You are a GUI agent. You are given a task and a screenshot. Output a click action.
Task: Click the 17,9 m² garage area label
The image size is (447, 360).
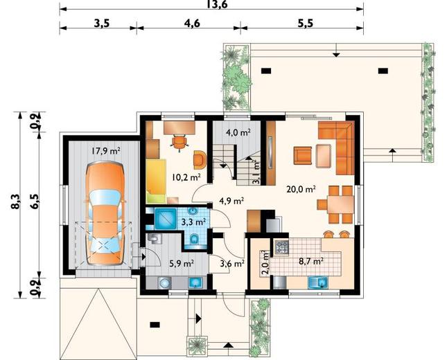coord(105,151)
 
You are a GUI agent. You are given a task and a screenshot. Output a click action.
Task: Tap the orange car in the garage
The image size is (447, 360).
coord(105,214)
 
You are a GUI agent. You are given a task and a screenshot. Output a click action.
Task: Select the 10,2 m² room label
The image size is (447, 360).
coord(186,177)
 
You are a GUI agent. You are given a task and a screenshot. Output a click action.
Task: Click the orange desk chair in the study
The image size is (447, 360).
coord(179,143)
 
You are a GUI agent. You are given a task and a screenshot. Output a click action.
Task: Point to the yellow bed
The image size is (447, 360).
coord(156,181)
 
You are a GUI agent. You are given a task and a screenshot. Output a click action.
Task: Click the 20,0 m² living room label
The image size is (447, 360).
coord(301,189)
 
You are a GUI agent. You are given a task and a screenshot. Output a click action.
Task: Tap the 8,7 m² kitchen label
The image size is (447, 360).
coord(311,261)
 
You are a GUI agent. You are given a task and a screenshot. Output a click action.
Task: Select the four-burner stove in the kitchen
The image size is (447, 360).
coord(281,247)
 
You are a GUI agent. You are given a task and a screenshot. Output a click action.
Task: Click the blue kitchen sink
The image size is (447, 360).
coord(318,282)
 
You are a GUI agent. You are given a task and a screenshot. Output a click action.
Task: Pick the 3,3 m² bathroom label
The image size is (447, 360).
coord(194,222)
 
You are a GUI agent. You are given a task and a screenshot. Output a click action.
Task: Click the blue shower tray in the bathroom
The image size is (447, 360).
coord(165,219)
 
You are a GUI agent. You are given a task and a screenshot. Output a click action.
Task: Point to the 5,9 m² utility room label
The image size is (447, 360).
coord(182,264)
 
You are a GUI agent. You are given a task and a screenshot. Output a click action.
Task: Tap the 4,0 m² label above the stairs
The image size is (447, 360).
coord(238,132)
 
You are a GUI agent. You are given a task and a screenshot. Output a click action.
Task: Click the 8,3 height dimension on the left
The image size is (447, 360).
coord(15,201)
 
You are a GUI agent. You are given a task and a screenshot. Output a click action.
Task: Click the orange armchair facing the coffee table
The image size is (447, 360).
coord(303,156)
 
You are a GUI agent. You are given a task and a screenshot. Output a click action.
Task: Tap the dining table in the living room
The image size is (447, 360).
coord(340,205)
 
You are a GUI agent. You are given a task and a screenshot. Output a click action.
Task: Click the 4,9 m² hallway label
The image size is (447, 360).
coord(231,201)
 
